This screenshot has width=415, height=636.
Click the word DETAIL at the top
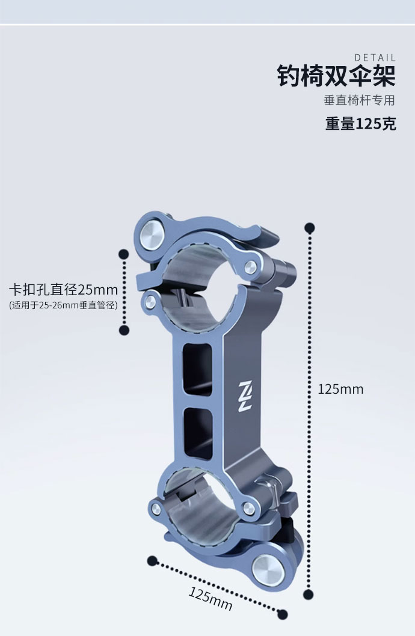coord(375,58)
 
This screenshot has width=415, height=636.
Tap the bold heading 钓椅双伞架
coord(336,76)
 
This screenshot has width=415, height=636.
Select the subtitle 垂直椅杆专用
coord(360,100)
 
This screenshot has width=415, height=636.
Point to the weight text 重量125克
coord(361,124)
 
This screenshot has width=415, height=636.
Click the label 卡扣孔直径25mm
coord(63,290)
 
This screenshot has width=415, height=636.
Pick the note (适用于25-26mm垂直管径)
coord(63,305)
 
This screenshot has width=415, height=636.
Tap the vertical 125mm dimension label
coord(340,390)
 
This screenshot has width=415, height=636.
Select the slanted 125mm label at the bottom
coord(210,599)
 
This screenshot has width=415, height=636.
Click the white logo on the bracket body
coord(245,396)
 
